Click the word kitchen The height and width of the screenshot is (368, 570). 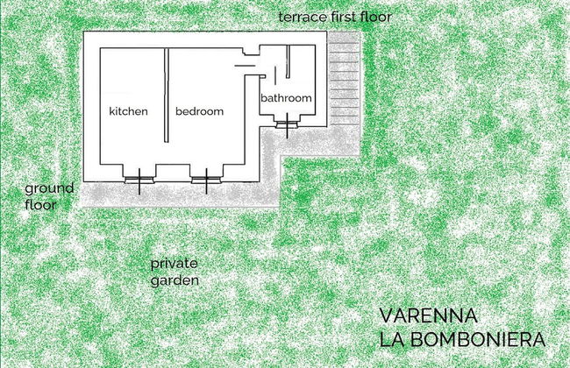click(128, 112)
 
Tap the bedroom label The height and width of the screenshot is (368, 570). click(199, 112)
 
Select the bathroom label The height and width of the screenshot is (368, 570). click(287, 99)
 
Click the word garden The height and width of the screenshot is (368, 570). click(174, 280)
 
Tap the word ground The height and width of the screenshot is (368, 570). click(49, 188)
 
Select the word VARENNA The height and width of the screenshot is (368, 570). click(428, 315)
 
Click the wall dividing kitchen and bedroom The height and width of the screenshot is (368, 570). click(167, 92)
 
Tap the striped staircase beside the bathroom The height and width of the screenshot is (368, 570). click(346, 79)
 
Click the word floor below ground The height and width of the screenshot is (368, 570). click(40, 205)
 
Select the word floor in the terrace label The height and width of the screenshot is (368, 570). click(374, 18)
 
